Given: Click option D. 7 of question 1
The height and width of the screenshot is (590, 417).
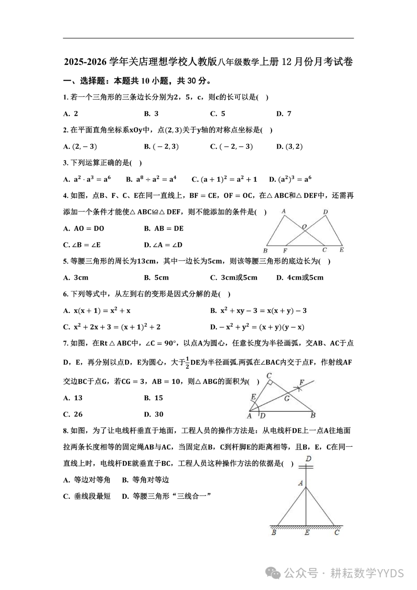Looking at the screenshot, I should [x=284, y=114].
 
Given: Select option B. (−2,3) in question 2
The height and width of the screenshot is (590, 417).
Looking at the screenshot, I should [x=161, y=146].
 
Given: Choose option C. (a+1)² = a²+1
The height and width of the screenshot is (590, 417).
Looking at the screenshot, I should [x=224, y=179].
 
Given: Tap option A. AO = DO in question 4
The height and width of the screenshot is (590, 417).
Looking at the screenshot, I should [x=84, y=228].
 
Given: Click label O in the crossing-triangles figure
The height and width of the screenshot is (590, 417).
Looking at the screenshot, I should [x=304, y=226].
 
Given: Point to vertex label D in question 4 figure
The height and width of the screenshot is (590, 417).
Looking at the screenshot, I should [x=325, y=212].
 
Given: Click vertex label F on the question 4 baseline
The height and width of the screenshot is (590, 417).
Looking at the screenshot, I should [x=285, y=250].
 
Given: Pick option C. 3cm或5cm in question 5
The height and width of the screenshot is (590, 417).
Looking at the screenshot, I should [x=234, y=277].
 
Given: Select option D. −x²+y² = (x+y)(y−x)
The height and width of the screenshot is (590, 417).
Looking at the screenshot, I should [x=257, y=327].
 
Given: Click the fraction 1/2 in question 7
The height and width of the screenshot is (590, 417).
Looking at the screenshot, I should [x=187, y=362].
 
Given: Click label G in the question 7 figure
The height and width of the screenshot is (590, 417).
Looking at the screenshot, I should [x=287, y=398].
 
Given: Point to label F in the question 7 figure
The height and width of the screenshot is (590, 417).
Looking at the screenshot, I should [x=302, y=383].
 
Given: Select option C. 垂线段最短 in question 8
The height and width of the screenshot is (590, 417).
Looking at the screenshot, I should [x=87, y=496].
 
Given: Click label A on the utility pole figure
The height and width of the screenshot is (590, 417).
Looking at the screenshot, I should [x=300, y=483].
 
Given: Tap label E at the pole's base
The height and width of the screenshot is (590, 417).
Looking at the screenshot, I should [x=307, y=533].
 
